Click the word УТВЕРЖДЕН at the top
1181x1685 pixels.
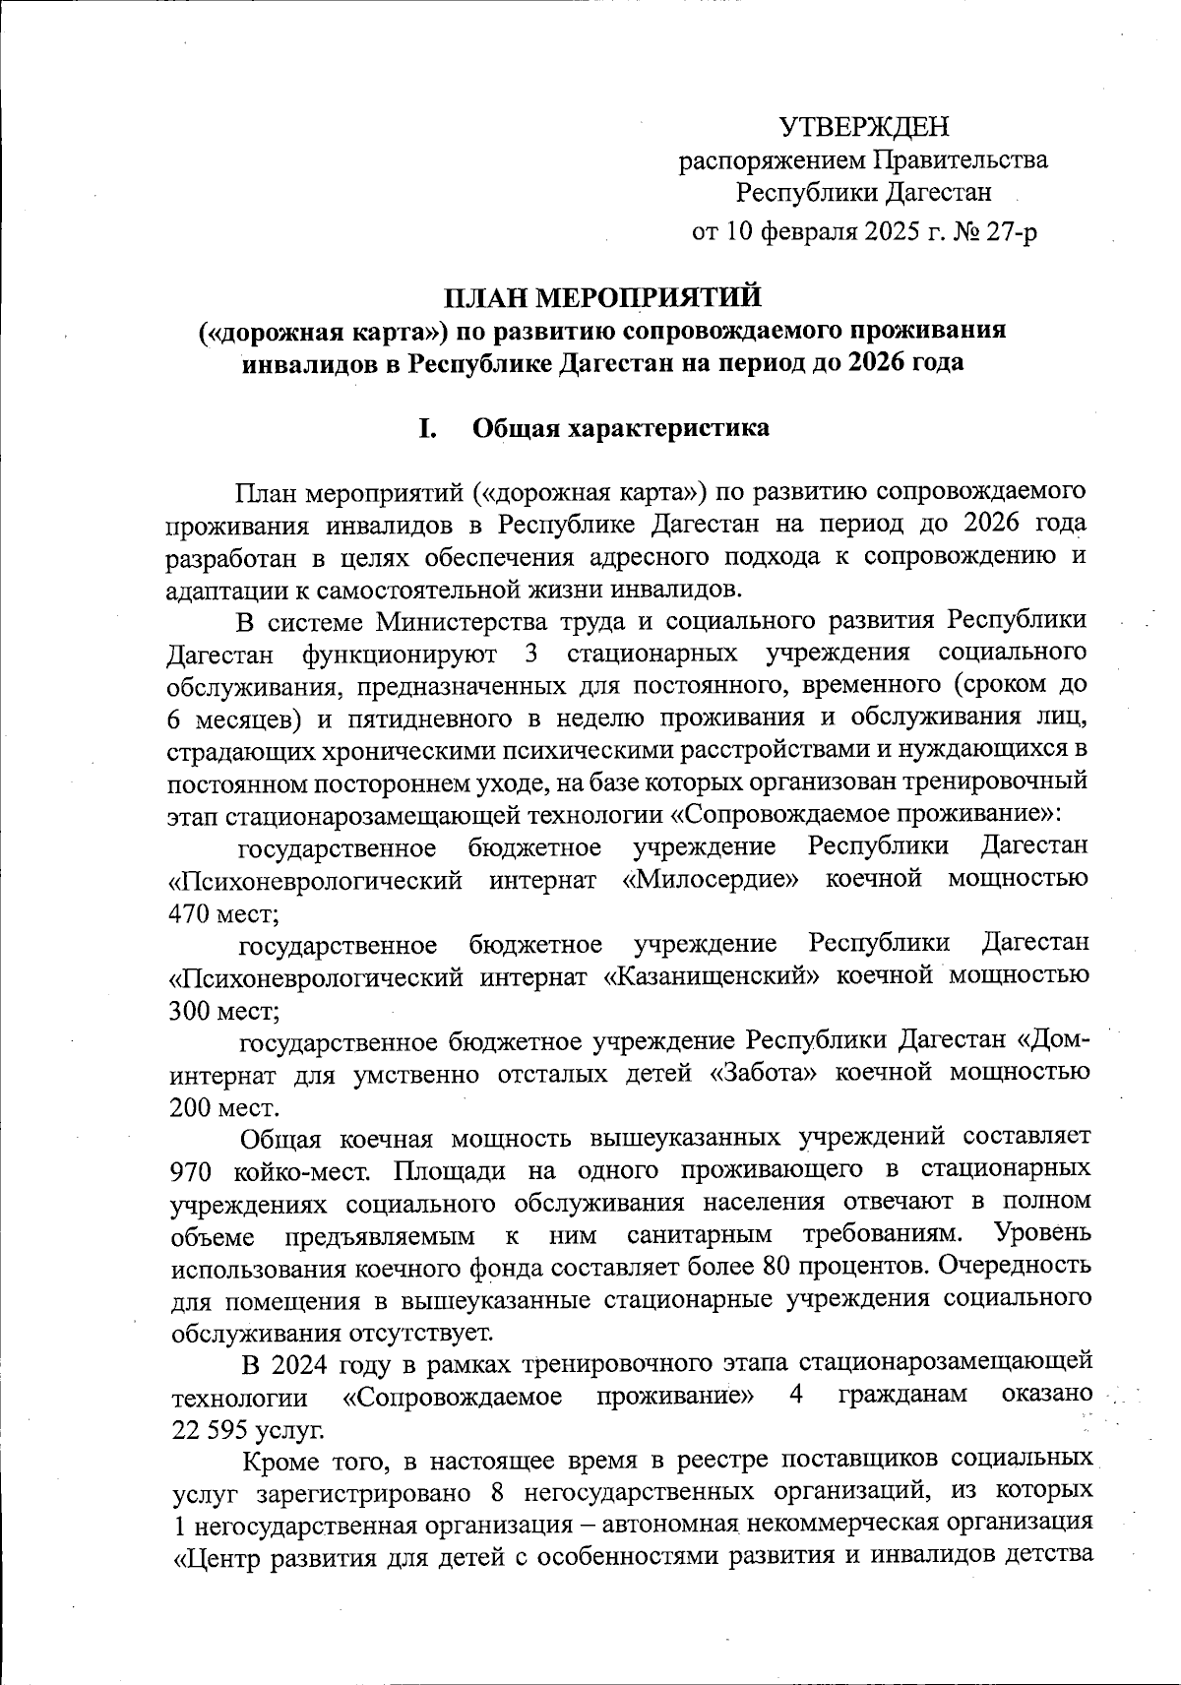(865, 128)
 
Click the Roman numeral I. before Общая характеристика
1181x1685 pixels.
(427, 429)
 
